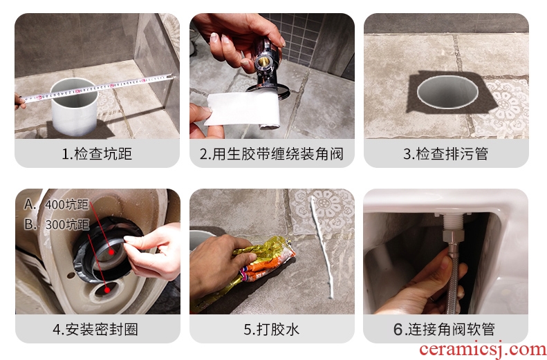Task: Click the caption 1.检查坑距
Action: [x=97, y=153]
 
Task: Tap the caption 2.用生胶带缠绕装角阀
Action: [x=271, y=153]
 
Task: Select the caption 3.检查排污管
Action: [x=446, y=153]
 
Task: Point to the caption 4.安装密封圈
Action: [x=95, y=330]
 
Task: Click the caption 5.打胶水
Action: [x=271, y=330]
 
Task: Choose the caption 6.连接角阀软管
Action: [x=444, y=330]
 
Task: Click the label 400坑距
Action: [x=66, y=205]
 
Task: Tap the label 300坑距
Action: [x=67, y=225]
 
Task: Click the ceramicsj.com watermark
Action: [x=483, y=350]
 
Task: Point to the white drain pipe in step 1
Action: [x=74, y=106]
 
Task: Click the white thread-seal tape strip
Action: [x=243, y=109]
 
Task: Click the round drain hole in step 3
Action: [x=447, y=92]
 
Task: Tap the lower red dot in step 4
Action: [x=107, y=290]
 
